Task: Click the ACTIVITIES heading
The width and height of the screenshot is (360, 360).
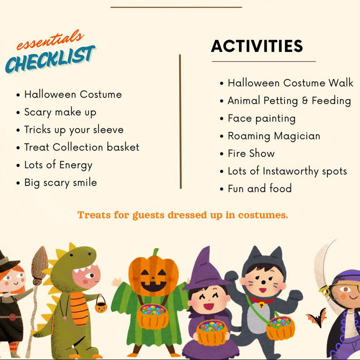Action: [257, 46]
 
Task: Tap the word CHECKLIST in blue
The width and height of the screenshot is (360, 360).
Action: [50, 60]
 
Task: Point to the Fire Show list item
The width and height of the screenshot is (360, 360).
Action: [251, 153]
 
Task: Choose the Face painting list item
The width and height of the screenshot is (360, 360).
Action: [261, 119]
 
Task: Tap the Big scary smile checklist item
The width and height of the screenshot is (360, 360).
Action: [60, 182]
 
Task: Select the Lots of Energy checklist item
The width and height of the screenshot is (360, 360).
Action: [58, 165]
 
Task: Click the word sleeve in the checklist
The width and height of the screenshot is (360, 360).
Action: [108, 130]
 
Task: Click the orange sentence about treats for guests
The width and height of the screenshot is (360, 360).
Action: [183, 215]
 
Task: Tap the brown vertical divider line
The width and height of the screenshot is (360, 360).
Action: [180, 121]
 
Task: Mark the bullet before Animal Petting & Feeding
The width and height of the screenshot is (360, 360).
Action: [221, 101]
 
